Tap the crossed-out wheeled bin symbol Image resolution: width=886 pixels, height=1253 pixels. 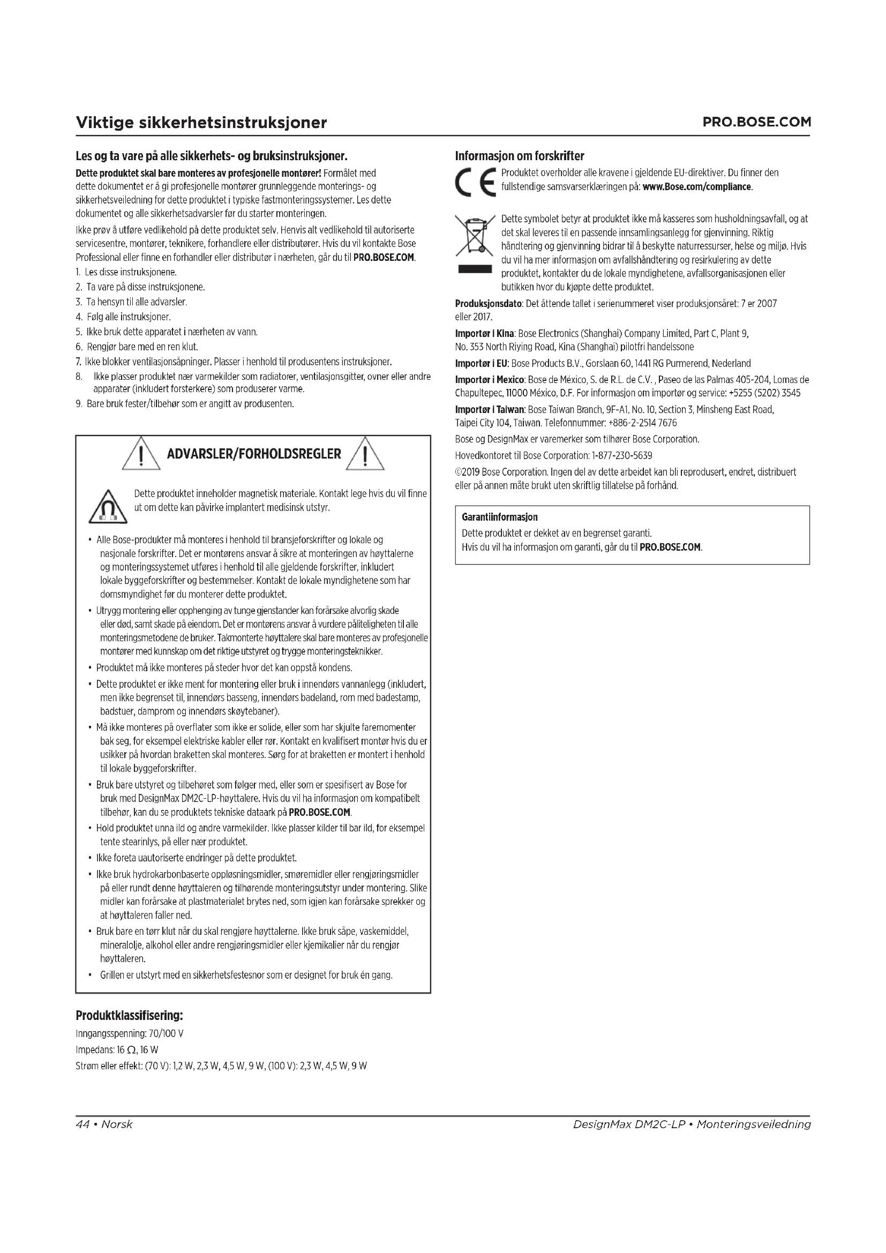pos(474,236)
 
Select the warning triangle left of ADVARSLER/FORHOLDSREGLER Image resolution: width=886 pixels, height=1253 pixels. pos(141,454)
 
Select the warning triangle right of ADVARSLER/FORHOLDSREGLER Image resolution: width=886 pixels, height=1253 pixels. pos(365,454)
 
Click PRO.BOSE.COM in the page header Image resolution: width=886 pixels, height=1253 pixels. pos(756,122)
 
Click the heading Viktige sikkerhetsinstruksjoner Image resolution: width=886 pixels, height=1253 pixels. pos(201,122)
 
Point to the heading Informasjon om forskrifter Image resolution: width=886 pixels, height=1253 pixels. pos(520,156)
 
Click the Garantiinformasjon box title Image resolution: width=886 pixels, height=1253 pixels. pos(499,517)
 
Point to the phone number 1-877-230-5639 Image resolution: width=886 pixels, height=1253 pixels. pos(622,455)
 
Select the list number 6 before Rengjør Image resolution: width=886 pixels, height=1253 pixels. pos(79,347)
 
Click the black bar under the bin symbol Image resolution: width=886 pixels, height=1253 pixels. pos(474,269)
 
